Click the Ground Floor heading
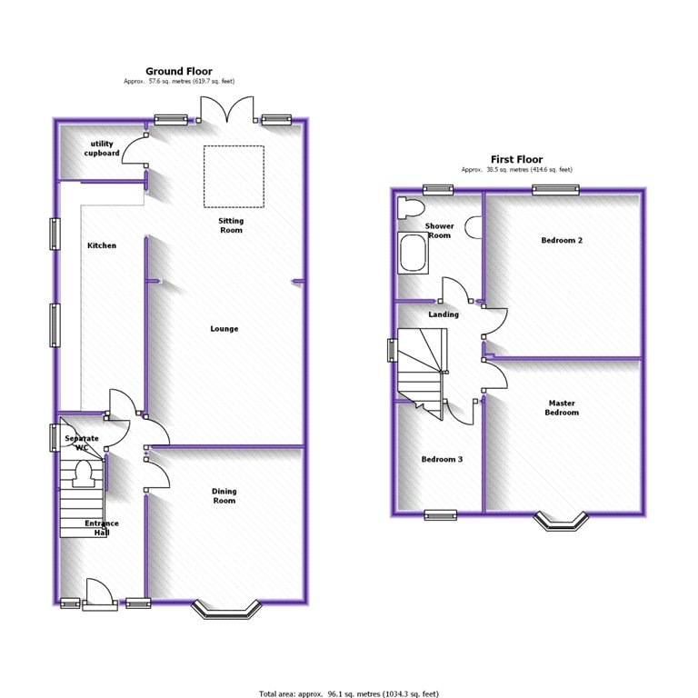(x=179, y=71)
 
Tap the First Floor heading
(x=516, y=158)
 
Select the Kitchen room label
(x=101, y=245)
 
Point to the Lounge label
(x=224, y=328)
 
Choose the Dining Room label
(x=224, y=496)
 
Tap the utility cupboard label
(x=102, y=149)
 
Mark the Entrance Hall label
(x=101, y=528)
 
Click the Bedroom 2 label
(x=561, y=241)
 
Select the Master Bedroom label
(x=562, y=408)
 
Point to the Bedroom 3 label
(x=442, y=459)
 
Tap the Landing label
(x=444, y=314)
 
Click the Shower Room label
(x=439, y=231)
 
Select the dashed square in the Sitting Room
(x=233, y=176)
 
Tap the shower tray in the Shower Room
(x=413, y=253)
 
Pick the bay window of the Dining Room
(x=226, y=610)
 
